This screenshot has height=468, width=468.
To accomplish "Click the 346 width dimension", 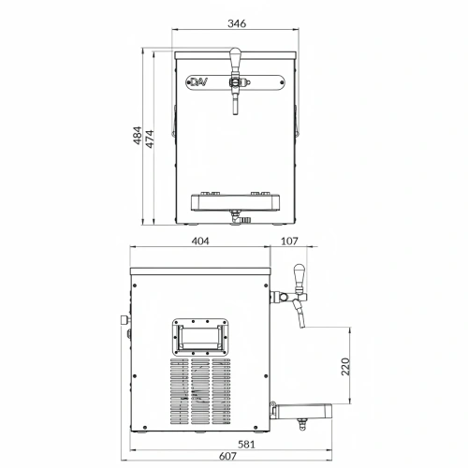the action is [x=237, y=23].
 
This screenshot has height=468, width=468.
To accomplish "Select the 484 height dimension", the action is [x=138, y=136].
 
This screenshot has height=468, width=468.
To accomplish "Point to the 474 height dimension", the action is [x=150, y=139].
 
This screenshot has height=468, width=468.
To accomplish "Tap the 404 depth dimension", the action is [x=200, y=241].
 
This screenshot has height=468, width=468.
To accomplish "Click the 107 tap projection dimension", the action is [x=289, y=241].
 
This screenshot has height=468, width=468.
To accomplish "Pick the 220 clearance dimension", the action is [x=345, y=367].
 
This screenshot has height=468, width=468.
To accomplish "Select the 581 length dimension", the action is [x=246, y=444].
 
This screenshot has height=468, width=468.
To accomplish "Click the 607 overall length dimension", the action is [x=227, y=456].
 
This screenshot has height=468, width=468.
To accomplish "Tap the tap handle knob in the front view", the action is [x=235, y=55].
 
